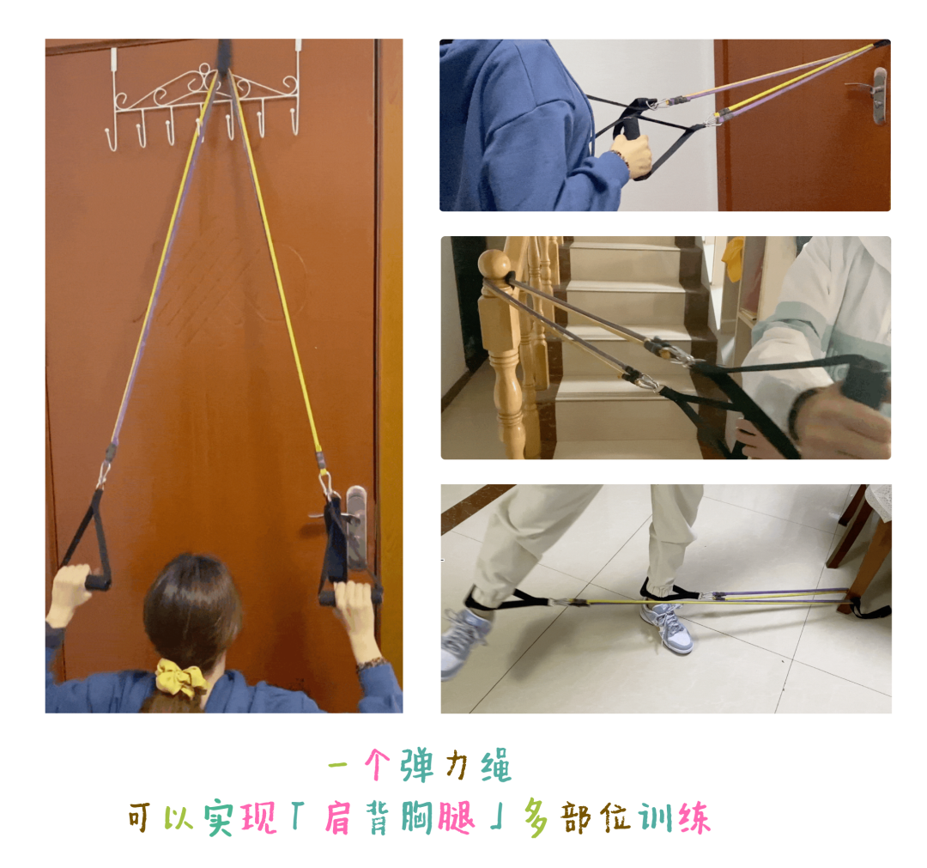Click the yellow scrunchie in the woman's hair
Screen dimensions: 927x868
[180, 677]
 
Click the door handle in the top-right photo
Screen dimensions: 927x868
[875, 94]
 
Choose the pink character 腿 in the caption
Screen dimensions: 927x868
[456, 818]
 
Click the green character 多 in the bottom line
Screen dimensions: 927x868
[536, 818]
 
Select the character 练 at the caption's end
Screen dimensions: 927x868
[694, 818]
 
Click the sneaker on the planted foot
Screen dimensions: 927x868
[667, 626]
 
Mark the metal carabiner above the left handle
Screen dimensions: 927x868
[104, 474]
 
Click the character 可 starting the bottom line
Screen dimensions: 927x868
[140, 818]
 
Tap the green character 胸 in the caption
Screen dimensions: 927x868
[418, 818]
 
